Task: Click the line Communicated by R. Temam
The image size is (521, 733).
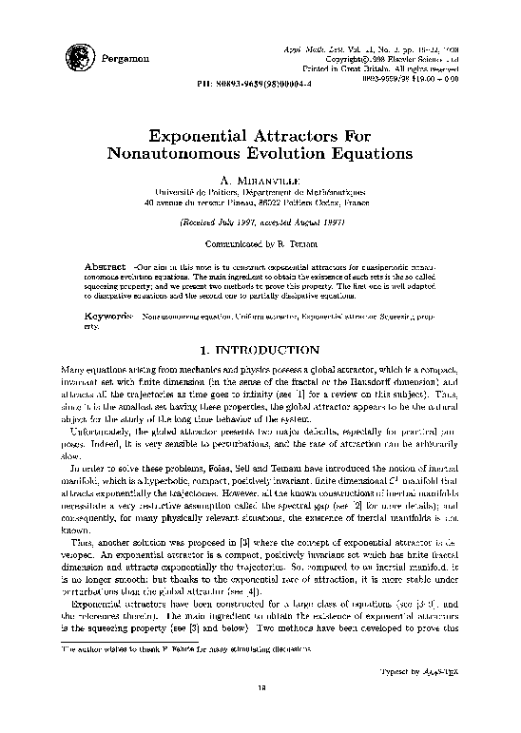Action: pyautogui.click(x=260, y=241)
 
